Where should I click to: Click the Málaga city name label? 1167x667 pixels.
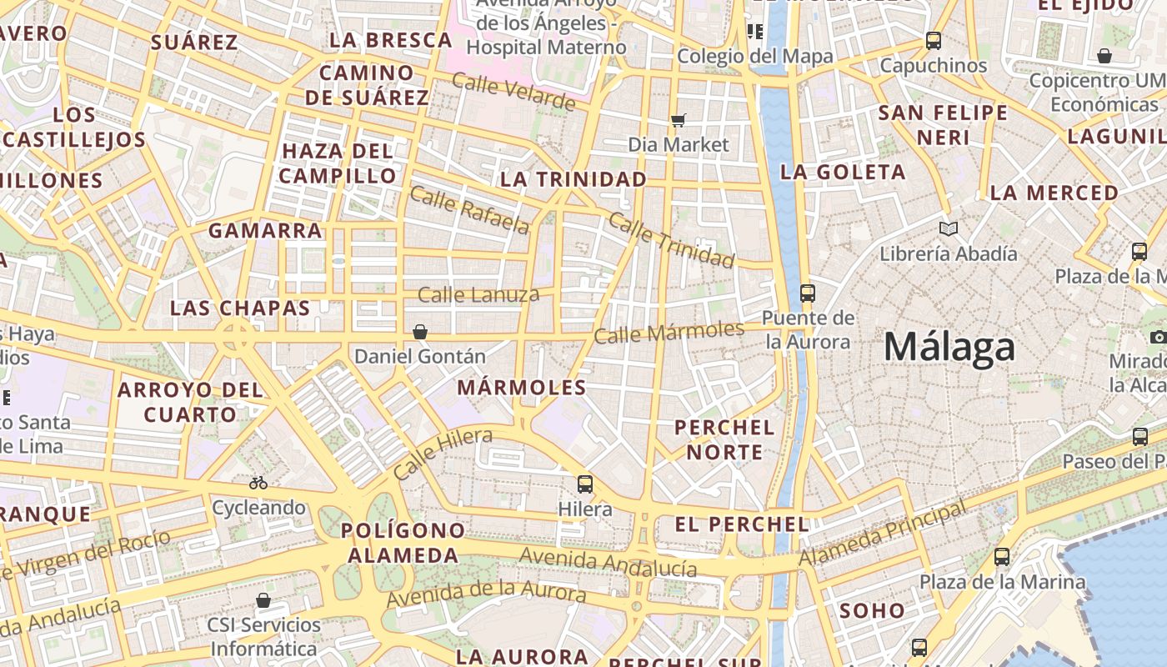pos(949,347)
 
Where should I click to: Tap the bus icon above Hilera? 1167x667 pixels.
pos(585,484)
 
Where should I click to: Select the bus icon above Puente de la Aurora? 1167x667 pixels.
pos(807,293)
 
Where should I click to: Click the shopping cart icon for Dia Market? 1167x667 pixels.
pos(679,120)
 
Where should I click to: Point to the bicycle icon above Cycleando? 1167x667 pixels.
pos(258,483)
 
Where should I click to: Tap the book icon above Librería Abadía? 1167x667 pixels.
pos(948,228)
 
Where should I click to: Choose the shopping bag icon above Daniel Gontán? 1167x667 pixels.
pos(420,332)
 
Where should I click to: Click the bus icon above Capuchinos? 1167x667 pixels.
pos(934,40)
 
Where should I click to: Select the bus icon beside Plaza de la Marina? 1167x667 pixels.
pos(1002,556)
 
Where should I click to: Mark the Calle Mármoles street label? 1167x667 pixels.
pos(669,331)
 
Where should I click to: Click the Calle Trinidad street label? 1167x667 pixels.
pos(671,239)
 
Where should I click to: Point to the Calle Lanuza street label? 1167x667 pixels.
pos(478,293)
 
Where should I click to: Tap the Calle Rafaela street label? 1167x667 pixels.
pos(469,210)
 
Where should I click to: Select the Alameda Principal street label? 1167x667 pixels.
pos(884,532)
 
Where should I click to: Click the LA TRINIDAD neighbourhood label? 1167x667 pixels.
pos(573,179)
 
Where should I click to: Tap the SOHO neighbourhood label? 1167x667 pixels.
pos(872,610)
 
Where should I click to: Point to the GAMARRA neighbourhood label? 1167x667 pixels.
pos(265,230)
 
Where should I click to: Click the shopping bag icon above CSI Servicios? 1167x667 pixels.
pos(263,600)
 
